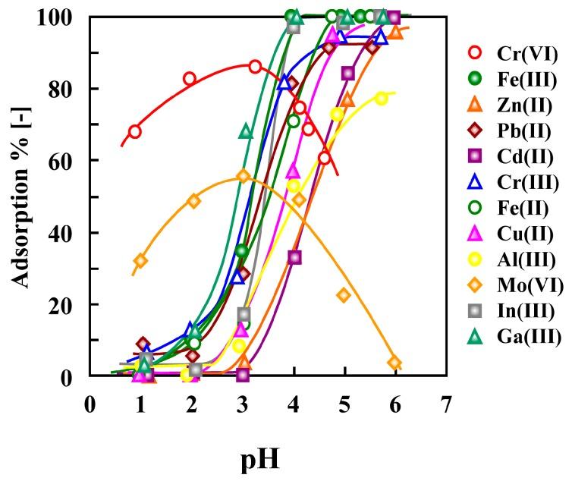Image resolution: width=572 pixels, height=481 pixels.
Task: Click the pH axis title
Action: pyautogui.click(x=268, y=458)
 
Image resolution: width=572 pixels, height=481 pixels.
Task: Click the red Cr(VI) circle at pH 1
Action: pyautogui.click(x=135, y=131)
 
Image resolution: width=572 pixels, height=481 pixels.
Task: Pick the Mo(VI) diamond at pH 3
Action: pyautogui.click(x=243, y=176)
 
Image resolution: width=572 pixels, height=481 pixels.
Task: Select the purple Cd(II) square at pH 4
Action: pyautogui.click(x=294, y=257)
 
